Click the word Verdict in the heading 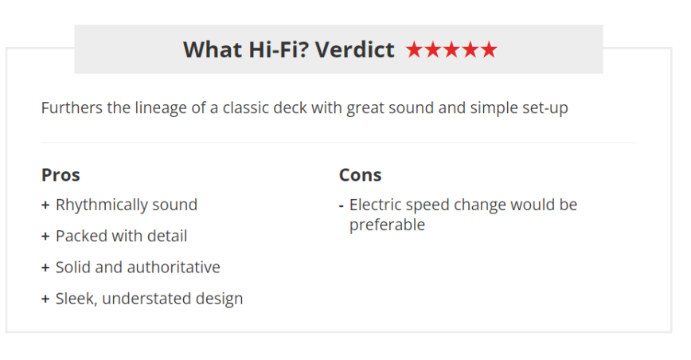(355, 49)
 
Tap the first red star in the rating (414, 49)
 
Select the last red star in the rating (489, 49)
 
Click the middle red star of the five (451, 49)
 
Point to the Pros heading (61, 175)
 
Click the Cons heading (360, 175)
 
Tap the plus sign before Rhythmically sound (45, 205)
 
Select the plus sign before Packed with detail (45, 237)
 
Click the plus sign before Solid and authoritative (45, 268)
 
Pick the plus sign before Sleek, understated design (45, 299)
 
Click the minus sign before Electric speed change (341, 205)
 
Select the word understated (146, 299)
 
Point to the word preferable (387, 225)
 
